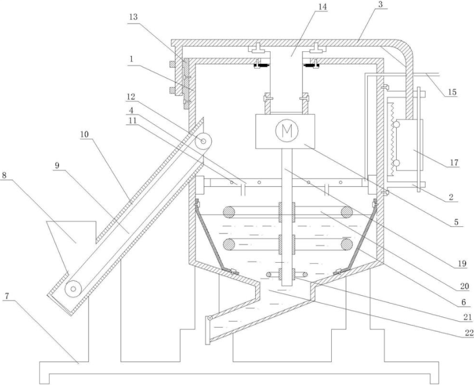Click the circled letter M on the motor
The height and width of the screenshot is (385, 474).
point(287,131)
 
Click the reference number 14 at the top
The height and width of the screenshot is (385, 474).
point(322,7)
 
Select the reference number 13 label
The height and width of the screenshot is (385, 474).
point(133,17)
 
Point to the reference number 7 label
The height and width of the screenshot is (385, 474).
point(7,296)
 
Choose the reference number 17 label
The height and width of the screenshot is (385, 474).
point(454,163)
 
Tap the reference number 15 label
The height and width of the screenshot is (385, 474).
point(452,92)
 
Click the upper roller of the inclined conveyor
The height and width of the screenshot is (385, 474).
point(203,141)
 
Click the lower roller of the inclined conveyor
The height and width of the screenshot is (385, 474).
point(73,289)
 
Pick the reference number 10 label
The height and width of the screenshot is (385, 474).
point(85,134)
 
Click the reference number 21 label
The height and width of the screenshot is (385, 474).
point(467,317)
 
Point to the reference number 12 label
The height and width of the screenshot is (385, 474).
point(131,97)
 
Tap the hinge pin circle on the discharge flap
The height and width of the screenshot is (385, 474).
point(209,318)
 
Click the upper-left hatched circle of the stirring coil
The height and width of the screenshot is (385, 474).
point(229,212)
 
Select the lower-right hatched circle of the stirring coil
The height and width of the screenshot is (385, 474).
point(347,243)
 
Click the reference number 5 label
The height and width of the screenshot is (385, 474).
point(456,222)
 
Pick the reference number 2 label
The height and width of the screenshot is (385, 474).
point(451,197)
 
